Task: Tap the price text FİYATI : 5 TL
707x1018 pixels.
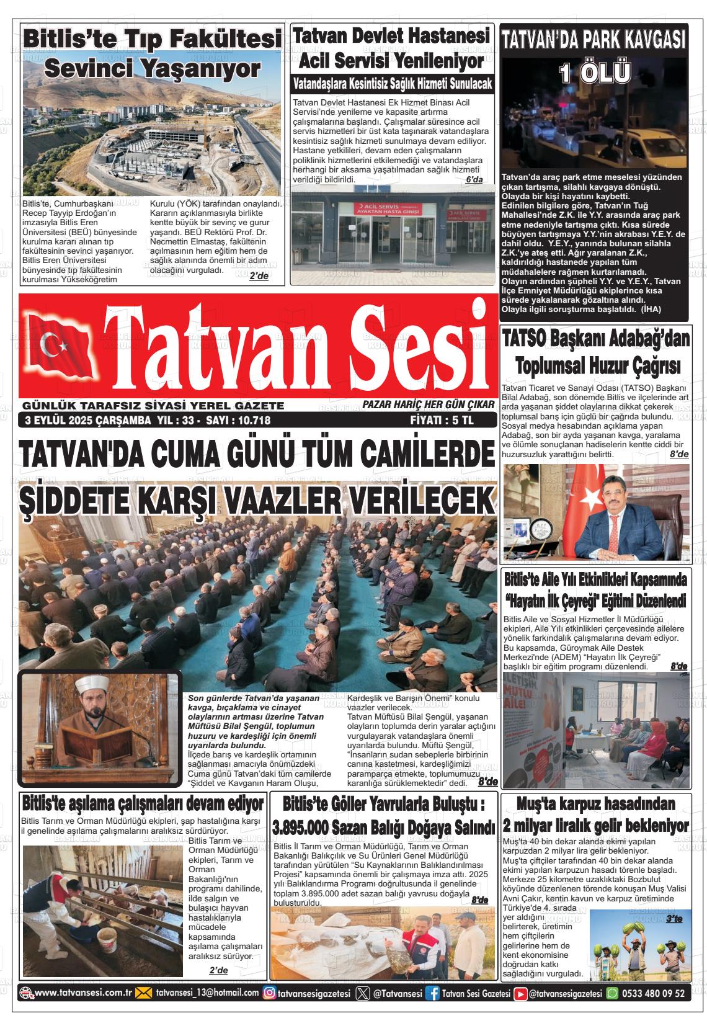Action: (442, 420)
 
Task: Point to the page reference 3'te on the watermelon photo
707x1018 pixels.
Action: (673, 919)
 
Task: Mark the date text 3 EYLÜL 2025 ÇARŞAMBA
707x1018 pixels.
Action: (87, 421)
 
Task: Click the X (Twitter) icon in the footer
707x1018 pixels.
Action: (363, 993)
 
